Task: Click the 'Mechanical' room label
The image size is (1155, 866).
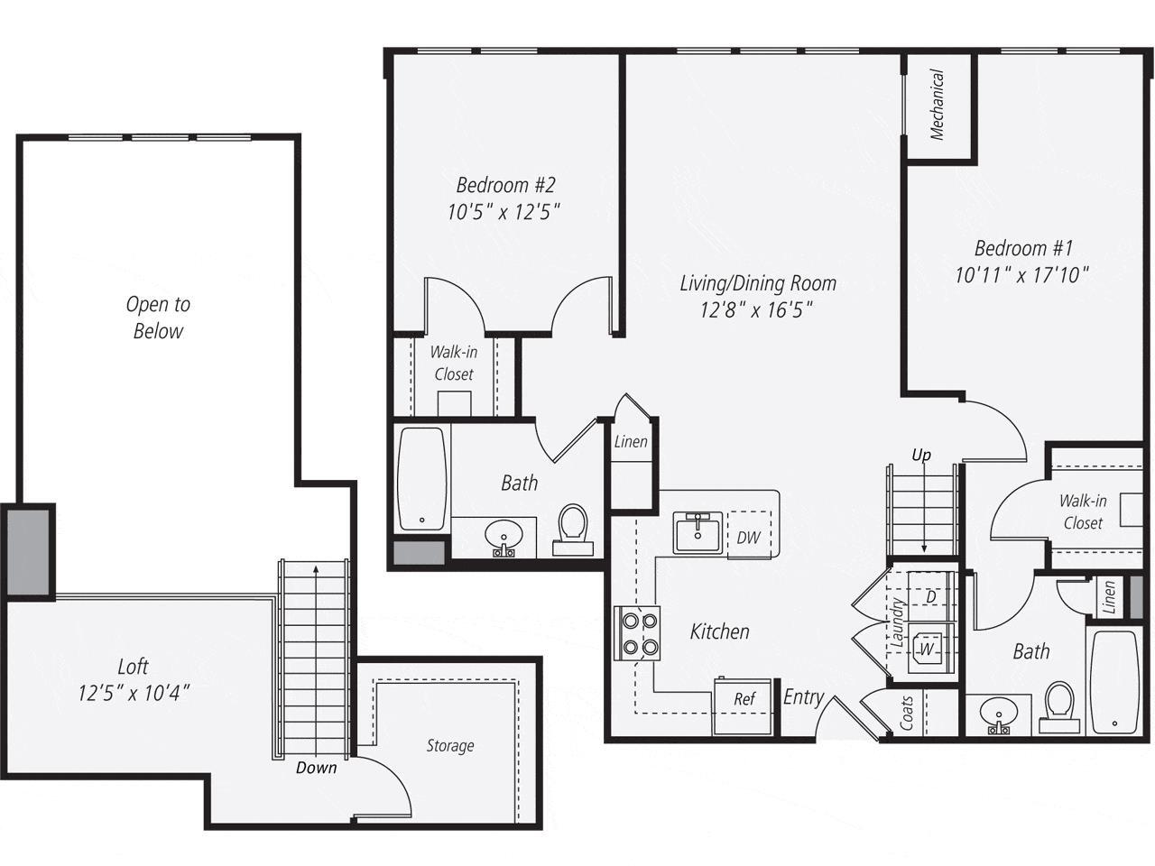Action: [x=938, y=106]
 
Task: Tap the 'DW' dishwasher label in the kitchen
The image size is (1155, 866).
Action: [x=748, y=538]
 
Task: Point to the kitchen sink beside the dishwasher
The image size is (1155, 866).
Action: [x=697, y=532]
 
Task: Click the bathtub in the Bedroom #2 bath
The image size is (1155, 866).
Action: [x=422, y=479]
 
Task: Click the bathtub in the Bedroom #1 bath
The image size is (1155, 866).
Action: [x=1114, y=681]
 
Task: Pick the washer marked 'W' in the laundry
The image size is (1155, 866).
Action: [x=925, y=648]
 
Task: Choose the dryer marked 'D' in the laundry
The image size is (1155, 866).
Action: [x=929, y=596]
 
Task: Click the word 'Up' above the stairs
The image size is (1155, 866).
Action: [x=921, y=455]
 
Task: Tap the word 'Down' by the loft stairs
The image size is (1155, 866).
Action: [x=316, y=768]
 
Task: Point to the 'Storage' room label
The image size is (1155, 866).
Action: [x=450, y=746]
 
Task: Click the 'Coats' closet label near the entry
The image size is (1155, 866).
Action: [x=908, y=713]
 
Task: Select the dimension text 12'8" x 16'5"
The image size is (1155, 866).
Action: [x=758, y=310]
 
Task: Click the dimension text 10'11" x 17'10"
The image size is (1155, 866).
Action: [x=1022, y=275]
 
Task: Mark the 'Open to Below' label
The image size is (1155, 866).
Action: [x=158, y=318]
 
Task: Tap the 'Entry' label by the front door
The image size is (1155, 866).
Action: [x=803, y=696]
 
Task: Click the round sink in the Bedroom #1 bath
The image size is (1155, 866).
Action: [x=998, y=714]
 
